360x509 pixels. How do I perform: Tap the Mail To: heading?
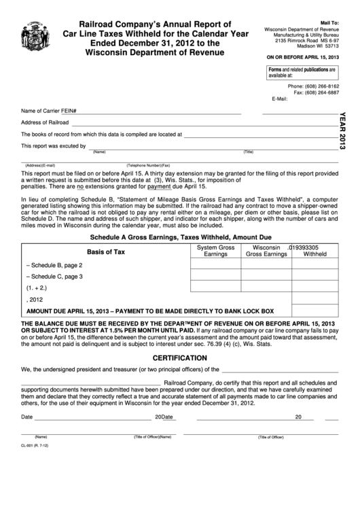[328, 22]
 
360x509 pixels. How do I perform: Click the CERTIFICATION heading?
[180, 357]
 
